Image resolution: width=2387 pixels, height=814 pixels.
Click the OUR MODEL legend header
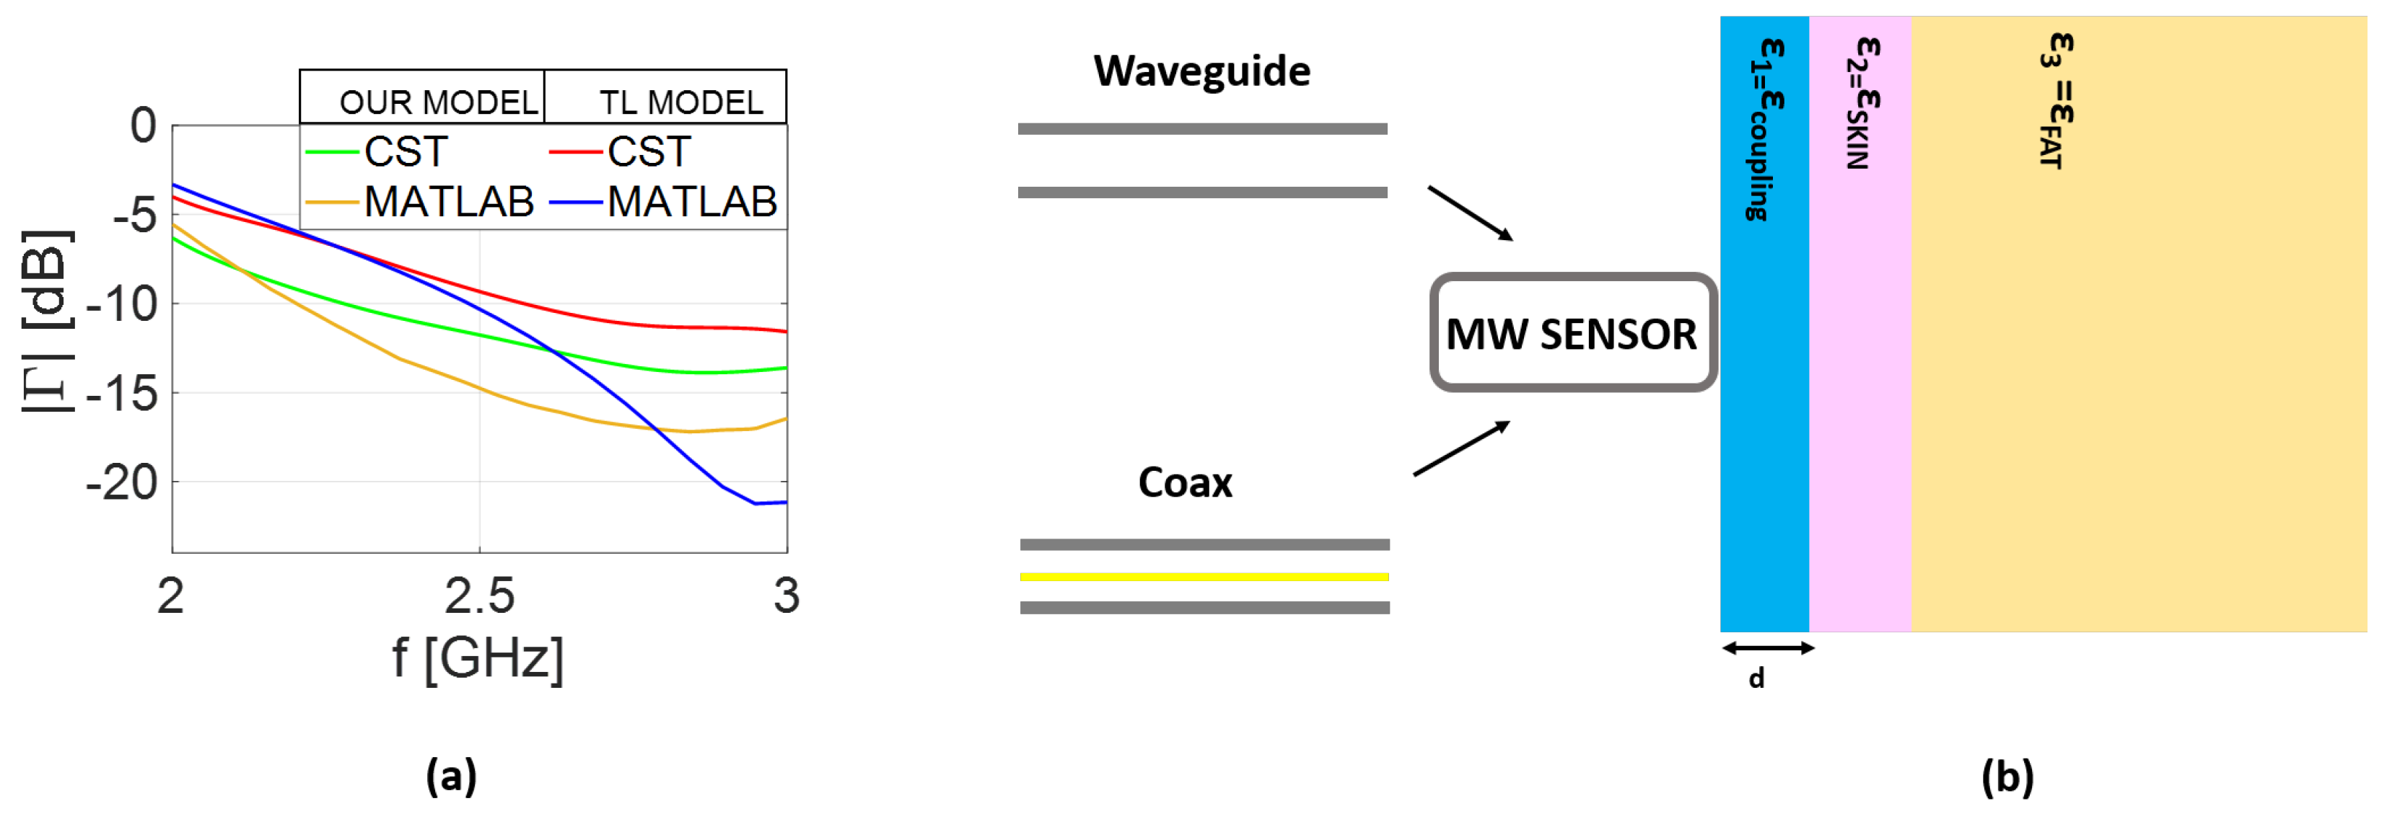point(438,102)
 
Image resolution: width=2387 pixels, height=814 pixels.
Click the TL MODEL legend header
point(680,102)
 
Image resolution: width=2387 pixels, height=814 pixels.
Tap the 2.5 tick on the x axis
point(479,596)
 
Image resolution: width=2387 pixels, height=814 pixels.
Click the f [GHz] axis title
point(478,658)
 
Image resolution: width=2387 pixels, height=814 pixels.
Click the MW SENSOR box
point(1572,333)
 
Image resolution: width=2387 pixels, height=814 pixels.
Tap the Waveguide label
point(1202,71)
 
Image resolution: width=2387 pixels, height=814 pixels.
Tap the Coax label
point(1185,482)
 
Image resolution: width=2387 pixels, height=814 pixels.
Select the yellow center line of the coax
point(1204,577)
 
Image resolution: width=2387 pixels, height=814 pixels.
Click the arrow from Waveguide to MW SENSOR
point(1470,213)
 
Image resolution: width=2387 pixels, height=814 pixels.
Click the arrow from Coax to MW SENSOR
point(1461,448)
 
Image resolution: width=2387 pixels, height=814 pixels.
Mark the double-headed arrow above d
point(1767,648)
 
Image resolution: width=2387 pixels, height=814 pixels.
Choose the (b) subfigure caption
point(2007,776)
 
